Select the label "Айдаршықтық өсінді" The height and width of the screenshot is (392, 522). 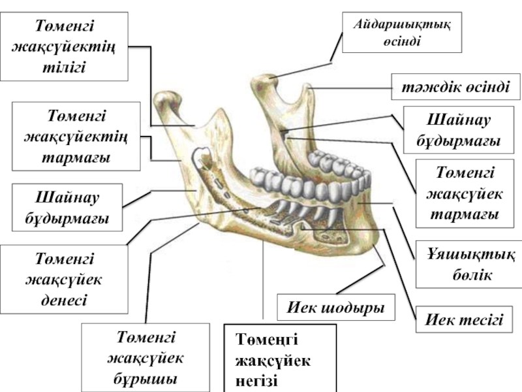402,31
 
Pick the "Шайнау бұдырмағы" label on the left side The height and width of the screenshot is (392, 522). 67,206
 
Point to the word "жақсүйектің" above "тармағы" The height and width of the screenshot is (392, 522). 76,138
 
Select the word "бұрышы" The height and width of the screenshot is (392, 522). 145,378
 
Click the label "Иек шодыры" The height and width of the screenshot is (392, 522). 336,306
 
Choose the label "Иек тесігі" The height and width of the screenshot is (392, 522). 464,319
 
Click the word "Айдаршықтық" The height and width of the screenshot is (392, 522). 402,24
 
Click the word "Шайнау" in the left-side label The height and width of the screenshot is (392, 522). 67,196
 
